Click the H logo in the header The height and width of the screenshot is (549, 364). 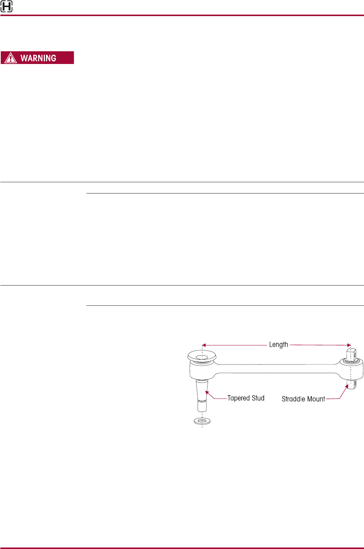6,6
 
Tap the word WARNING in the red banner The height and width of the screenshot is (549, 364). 38,58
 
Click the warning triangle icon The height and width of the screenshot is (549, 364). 10,58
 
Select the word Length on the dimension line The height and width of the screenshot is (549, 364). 278,345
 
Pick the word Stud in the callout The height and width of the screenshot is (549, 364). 258,398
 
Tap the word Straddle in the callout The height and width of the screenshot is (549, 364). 294,399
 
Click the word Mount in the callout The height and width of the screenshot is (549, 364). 316,399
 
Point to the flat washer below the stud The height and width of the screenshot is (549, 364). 202,421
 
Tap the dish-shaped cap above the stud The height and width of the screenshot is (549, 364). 202,356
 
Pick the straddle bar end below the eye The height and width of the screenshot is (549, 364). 351,385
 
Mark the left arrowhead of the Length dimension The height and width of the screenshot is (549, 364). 204,345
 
